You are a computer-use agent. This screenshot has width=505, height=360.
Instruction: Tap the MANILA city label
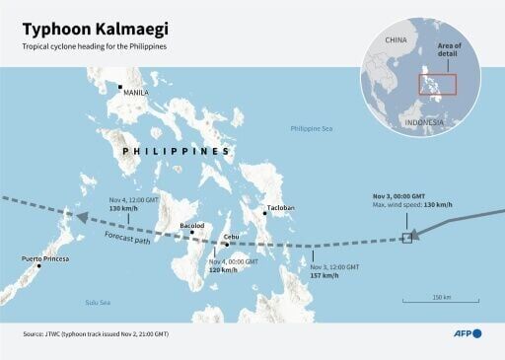point(136,93)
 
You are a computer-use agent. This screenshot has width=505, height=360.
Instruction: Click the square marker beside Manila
point(120,87)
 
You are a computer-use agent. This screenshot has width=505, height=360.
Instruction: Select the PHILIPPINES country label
point(177,151)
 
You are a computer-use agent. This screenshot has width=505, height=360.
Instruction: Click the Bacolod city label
point(191,226)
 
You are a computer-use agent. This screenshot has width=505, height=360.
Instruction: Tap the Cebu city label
point(232,237)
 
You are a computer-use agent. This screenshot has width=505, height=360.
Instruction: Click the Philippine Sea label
point(313,129)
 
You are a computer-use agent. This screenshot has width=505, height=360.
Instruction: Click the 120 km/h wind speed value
point(223,270)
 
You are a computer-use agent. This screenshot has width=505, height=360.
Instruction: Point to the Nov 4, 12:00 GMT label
point(135,200)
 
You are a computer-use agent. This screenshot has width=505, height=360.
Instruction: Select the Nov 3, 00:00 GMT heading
point(398,197)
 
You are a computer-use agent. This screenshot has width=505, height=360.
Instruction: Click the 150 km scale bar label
point(441,297)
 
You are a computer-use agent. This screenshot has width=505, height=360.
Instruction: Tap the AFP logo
point(463,334)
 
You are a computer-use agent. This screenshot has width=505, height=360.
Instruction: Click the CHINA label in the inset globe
point(396,40)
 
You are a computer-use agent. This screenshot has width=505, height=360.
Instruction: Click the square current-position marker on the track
point(406,238)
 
